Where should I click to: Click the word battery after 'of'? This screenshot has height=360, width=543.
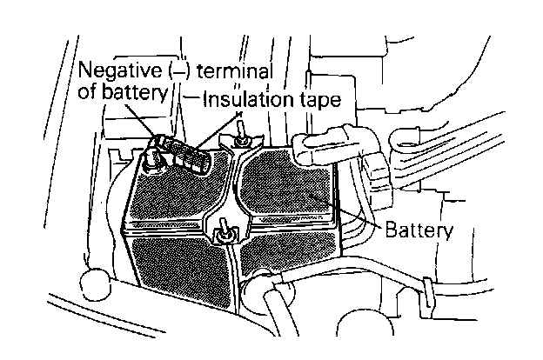click(x=131, y=91)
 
